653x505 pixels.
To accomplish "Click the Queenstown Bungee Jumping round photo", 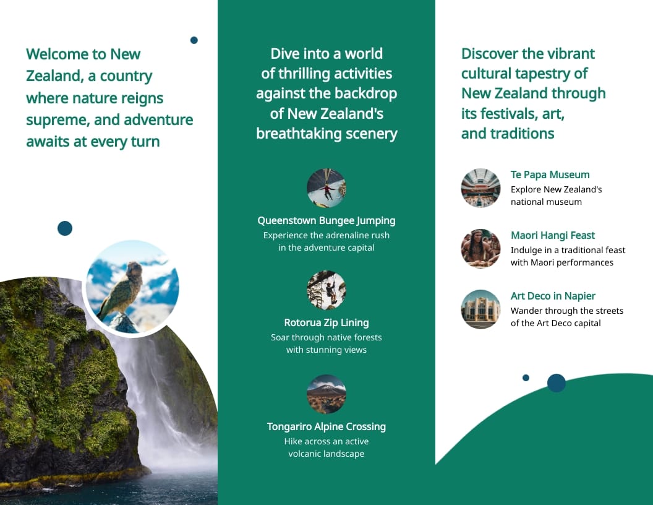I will click(x=326, y=188).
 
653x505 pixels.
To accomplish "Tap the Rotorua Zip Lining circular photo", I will click(x=326, y=290).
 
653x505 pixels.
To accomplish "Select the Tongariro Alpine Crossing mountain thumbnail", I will click(x=326, y=394).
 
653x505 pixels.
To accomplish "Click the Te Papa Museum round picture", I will click(x=480, y=188).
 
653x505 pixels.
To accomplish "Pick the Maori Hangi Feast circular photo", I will click(x=480, y=249).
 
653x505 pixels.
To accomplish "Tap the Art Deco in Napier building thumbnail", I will click(x=480, y=309).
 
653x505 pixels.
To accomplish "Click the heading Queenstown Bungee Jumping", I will click(x=326, y=221).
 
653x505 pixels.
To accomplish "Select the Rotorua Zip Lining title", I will click(x=326, y=323).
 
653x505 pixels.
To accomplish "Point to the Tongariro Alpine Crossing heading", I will click(x=326, y=427).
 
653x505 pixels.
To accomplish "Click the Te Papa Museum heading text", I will click(x=550, y=175).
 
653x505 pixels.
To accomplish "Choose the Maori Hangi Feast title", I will click(x=552, y=236).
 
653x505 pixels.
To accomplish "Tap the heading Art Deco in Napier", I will click(x=553, y=296).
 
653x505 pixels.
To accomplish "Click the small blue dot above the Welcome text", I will click(x=194, y=40).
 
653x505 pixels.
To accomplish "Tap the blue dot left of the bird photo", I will click(x=65, y=228).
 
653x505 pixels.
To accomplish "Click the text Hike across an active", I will click(x=326, y=442).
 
